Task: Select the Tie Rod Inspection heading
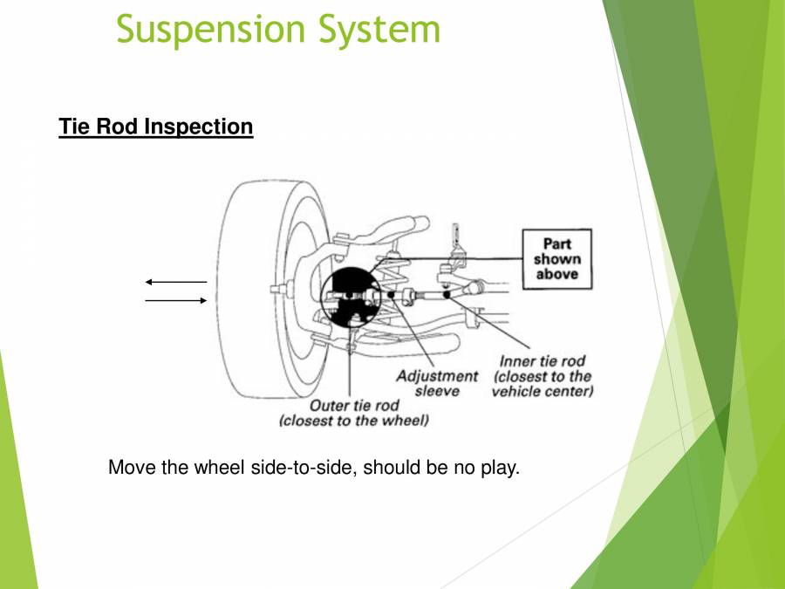[156, 127]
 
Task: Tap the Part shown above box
[556, 259]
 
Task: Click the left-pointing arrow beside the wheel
[175, 282]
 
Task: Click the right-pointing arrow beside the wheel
[175, 300]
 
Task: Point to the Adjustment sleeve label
[437, 383]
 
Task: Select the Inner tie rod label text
[542, 360]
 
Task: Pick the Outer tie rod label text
[354, 406]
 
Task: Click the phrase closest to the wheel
[354, 421]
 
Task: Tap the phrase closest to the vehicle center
[542, 384]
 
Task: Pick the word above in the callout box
[556, 274]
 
